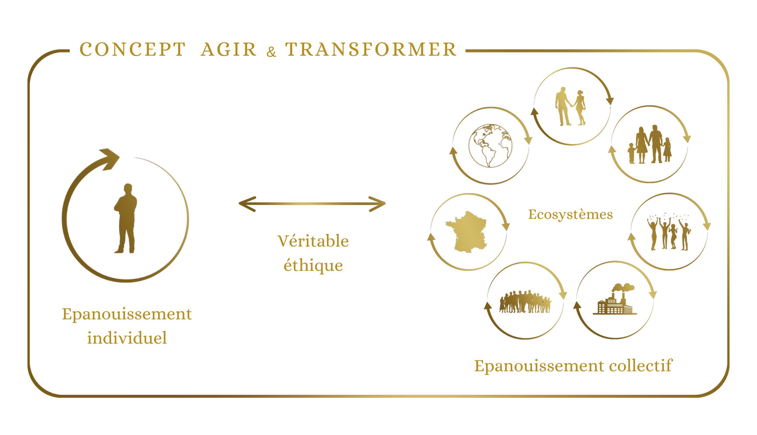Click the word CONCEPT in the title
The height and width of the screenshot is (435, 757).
pyautogui.click(x=133, y=49)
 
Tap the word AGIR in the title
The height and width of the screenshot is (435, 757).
pyautogui.click(x=229, y=49)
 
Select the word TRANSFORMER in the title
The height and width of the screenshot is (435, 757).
pyautogui.click(x=371, y=49)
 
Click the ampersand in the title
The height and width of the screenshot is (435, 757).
pyautogui.click(x=271, y=52)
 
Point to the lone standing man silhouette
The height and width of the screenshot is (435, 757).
pyautogui.click(x=126, y=218)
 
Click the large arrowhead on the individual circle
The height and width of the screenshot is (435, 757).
pyautogui.click(x=109, y=158)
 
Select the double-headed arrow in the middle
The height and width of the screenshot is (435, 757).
pyautogui.click(x=312, y=204)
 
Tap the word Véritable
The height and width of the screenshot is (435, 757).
pyautogui.click(x=313, y=241)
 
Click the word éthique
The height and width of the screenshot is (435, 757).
pyautogui.click(x=313, y=265)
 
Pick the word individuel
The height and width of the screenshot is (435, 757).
pyautogui.click(x=127, y=338)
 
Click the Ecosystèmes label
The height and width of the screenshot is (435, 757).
pyautogui.click(x=570, y=214)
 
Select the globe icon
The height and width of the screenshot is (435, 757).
pyautogui.click(x=491, y=146)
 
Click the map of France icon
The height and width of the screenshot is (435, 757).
pyautogui.click(x=467, y=232)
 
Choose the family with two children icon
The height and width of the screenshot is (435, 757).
pyautogui.click(x=649, y=144)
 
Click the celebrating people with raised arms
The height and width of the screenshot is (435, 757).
pyautogui.click(x=669, y=232)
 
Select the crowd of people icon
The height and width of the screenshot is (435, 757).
pyautogui.click(x=525, y=302)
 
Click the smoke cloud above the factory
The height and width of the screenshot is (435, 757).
pyautogui.click(x=623, y=288)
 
